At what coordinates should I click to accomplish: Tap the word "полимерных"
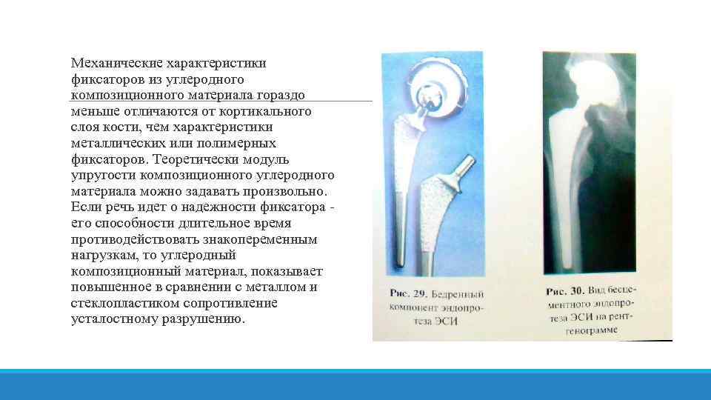pyautogui.click(x=238, y=143)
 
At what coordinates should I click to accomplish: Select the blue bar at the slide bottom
pyautogui.click(x=355, y=384)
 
